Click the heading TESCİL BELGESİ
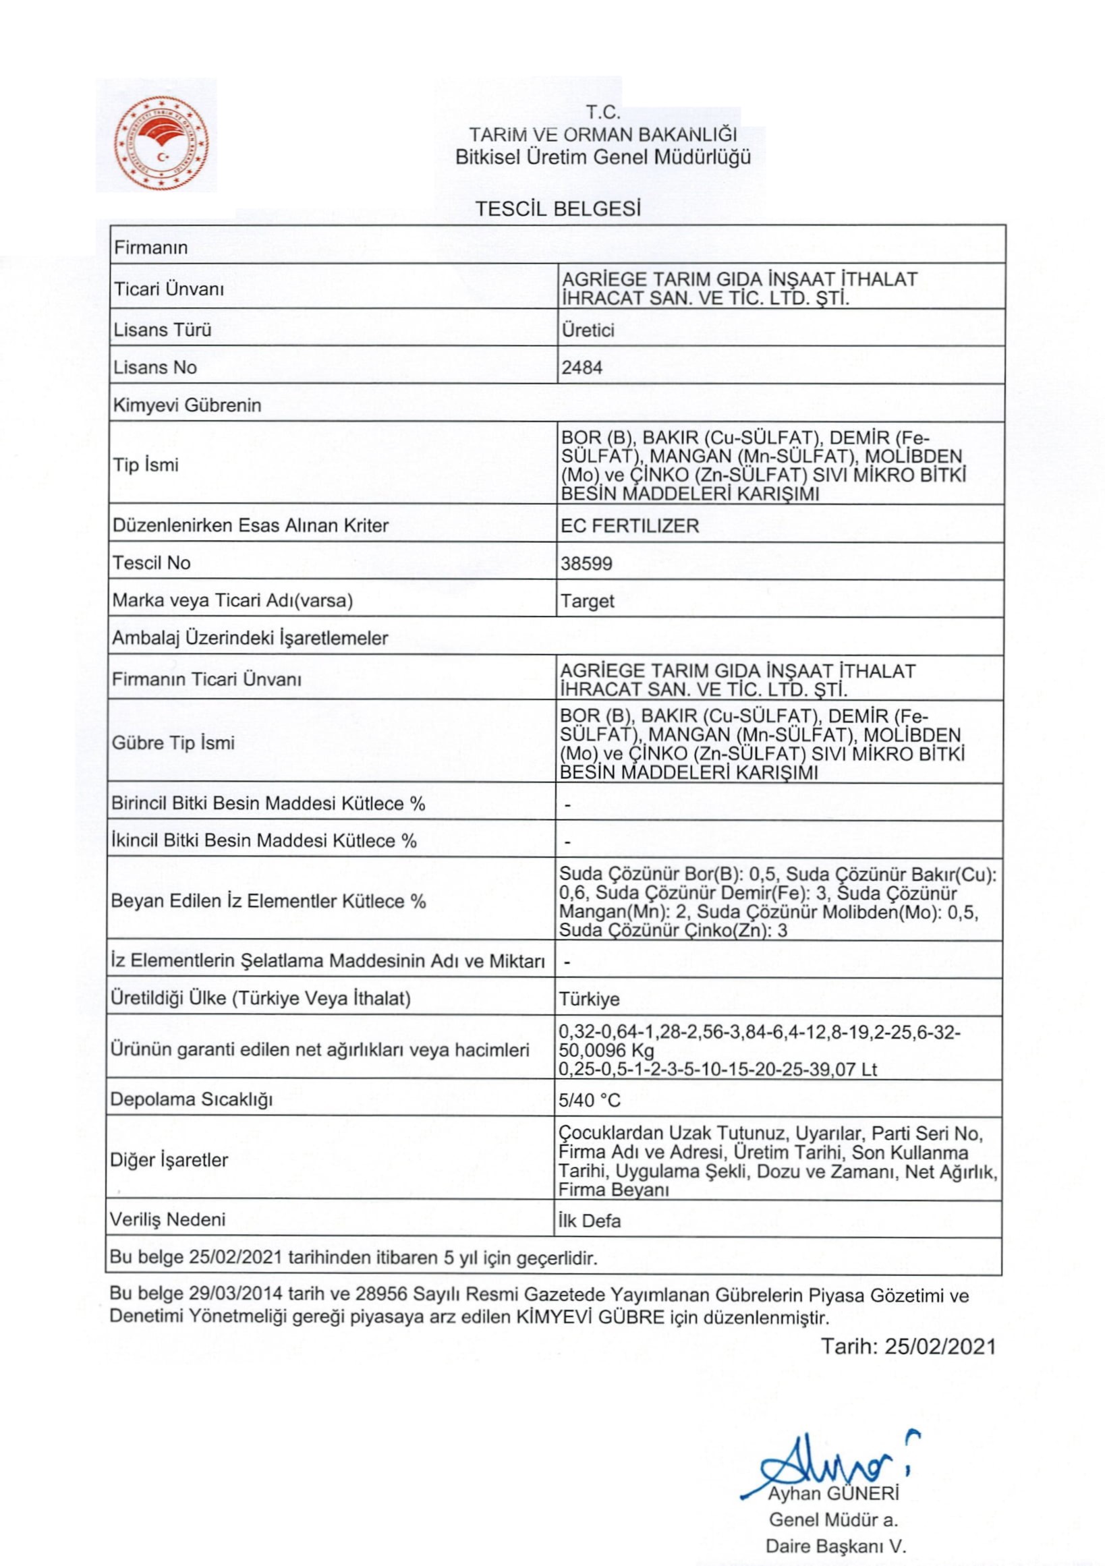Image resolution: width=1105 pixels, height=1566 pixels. (x=558, y=208)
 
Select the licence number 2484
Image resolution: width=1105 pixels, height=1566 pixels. (x=582, y=368)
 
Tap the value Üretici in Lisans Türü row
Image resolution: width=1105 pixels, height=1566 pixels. (x=588, y=330)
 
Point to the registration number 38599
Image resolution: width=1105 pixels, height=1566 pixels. (x=586, y=563)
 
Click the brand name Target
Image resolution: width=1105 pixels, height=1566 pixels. (x=588, y=601)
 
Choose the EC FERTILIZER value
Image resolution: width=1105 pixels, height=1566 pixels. (x=629, y=526)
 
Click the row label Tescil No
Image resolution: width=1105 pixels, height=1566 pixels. (x=151, y=562)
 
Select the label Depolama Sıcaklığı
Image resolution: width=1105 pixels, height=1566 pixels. (x=191, y=1099)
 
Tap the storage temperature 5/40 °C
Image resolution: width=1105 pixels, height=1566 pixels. (x=590, y=1100)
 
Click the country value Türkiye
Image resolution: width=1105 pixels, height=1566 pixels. (x=590, y=999)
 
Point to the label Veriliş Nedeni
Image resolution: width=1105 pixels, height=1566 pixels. (x=168, y=1219)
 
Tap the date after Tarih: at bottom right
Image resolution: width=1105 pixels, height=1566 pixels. (x=940, y=1345)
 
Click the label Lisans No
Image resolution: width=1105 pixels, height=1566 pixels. (x=155, y=368)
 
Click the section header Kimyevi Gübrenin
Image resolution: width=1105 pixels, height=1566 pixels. (x=187, y=405)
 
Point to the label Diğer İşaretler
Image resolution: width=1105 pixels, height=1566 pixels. (x=169, y=1159)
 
